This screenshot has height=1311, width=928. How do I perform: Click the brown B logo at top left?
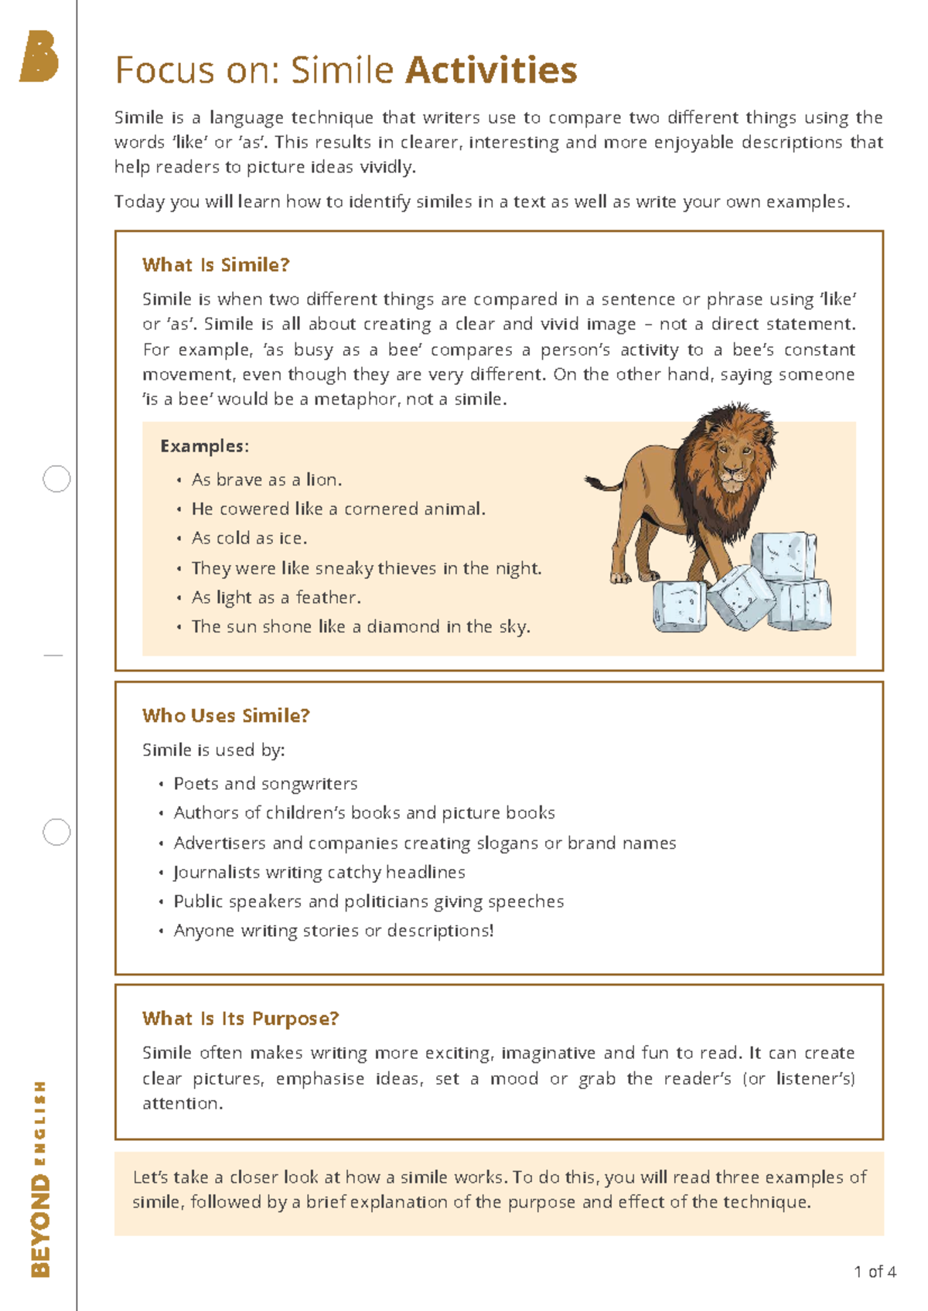39,56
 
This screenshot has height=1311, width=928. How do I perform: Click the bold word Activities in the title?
491,70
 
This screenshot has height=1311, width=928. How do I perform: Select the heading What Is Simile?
216,265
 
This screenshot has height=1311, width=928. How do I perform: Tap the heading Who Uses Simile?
226,716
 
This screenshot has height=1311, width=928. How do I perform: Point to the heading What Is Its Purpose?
241,1019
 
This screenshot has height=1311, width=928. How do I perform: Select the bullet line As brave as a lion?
266,480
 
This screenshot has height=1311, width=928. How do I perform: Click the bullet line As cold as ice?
249,538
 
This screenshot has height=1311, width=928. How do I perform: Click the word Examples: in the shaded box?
204,446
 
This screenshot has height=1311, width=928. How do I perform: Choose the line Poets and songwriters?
265,784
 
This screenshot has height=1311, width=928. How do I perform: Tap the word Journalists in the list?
217,873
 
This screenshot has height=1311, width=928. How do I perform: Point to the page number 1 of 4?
875,1272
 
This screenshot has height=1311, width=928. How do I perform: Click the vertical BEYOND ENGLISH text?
40,1179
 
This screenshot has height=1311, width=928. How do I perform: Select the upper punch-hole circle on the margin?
56,479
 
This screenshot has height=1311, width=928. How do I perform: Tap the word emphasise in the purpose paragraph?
319,1079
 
